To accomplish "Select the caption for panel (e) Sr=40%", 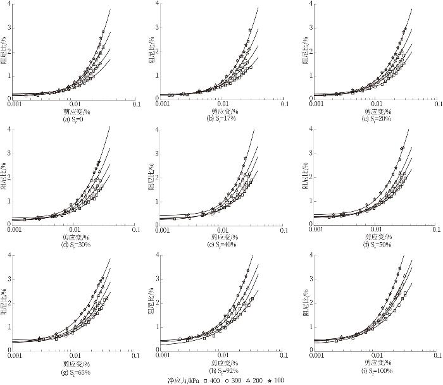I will (x=221, y=243).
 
